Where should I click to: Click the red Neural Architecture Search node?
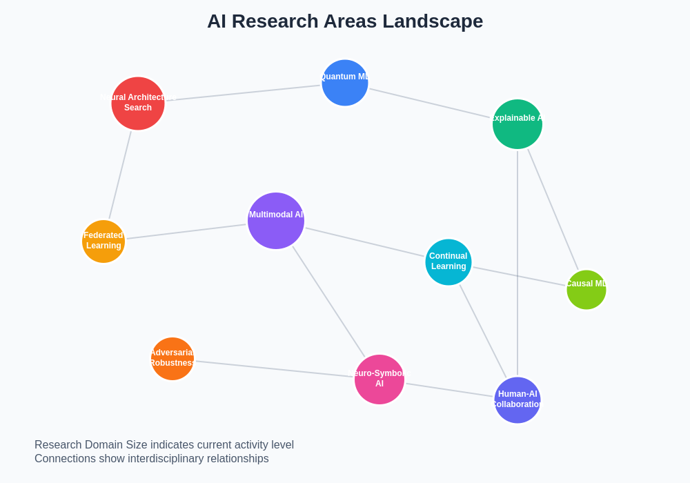click(x=138, y=103)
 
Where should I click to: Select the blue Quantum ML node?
click(x=345, y=83)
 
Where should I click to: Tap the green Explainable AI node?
click(x=517, y=124)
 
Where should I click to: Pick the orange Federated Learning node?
click(x=103, y=241)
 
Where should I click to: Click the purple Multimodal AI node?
click(x=276, y=221)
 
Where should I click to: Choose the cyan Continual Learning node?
click(x=448, y=262)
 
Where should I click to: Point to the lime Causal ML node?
click(x=586, y=290)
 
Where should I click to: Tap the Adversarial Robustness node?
click(x=172, y=359)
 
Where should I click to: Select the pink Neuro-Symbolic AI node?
click(x=379, y=379)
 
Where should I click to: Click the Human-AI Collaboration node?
click(x=517, y=400)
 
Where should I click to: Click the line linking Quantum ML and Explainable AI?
click(x=429, y=103)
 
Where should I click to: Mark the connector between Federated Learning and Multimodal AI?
click(x=186, y=232)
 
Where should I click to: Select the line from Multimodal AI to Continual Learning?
click(x=364, y=242)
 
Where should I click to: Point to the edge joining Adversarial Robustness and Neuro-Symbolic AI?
click(x=275, y=369)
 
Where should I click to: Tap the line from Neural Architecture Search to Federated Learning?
click(x=120, y=175)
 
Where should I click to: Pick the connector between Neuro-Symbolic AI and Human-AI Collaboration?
click(x=449, y=390)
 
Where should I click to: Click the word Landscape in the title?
click(x=433, y=21)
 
